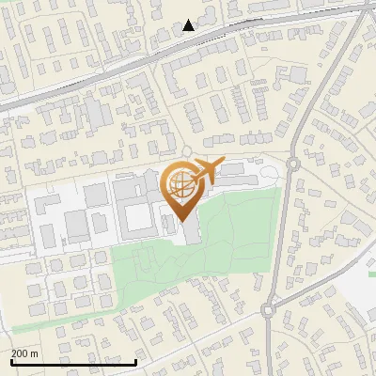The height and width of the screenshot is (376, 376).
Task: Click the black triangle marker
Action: point(189,25)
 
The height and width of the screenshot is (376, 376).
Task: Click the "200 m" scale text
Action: point(24,353)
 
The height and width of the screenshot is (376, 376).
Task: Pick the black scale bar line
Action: point(73,362)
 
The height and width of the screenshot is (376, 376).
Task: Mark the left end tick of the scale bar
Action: point(11,360)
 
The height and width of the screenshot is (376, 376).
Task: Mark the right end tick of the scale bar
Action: point(136,360)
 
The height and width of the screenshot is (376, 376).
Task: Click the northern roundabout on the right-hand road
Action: point(293,164)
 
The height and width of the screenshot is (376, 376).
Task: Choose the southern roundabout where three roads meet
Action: point(271,307)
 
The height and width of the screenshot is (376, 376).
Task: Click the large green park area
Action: point(235,235)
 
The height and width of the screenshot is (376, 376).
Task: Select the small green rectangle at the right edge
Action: point(371,274)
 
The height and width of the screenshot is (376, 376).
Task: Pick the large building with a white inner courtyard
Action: point(136,211)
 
